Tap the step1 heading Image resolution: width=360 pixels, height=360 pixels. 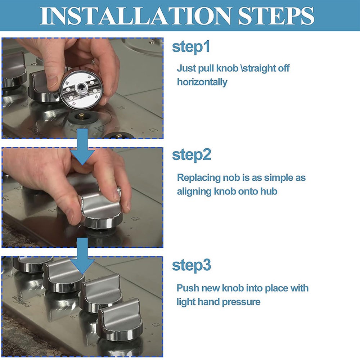tap(191, 47)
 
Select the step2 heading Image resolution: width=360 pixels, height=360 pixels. tap(192, 155)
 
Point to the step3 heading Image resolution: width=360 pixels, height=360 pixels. tap(192, 265)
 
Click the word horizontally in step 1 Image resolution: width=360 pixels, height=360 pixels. tap(202, 82)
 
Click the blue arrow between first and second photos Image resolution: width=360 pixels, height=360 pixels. tap(82, 147)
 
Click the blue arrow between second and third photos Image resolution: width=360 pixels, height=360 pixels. tap(82, 256)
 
